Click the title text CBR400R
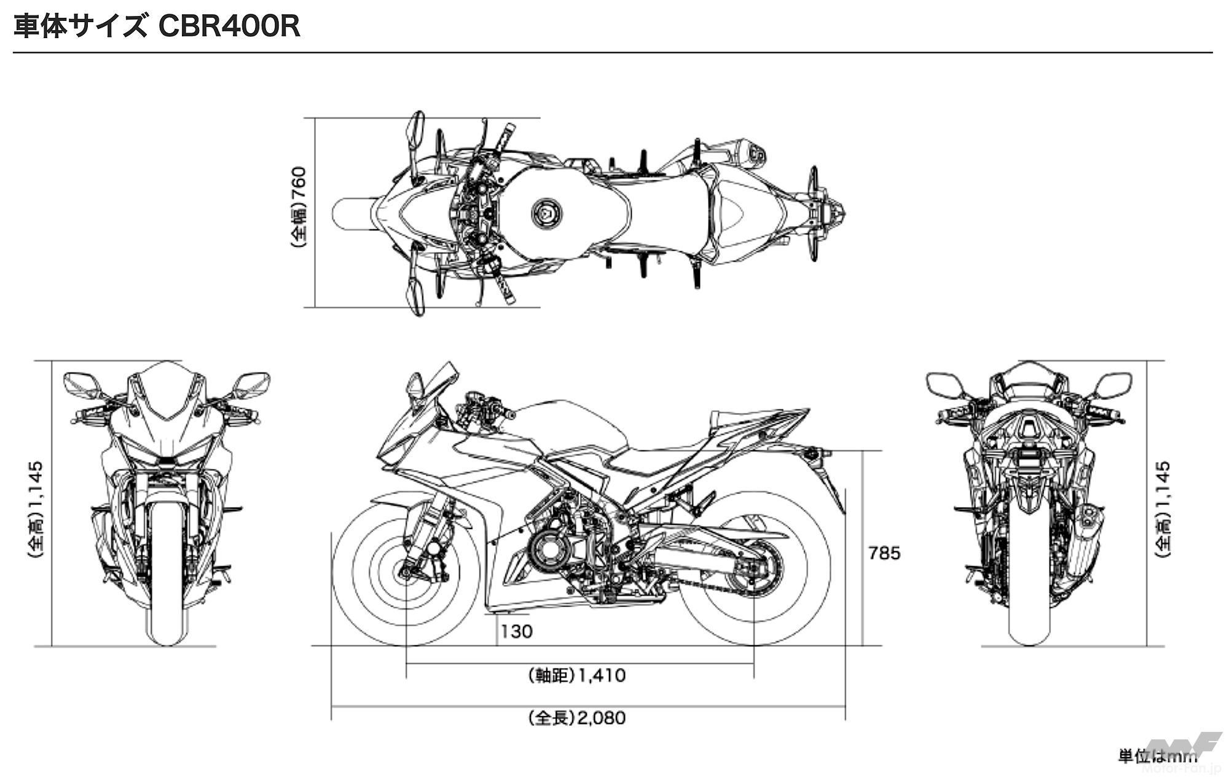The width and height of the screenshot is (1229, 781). coord(229,26)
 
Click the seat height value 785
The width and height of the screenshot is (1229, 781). coord(884,553)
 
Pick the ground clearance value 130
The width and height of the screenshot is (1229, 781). coord(516,631)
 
